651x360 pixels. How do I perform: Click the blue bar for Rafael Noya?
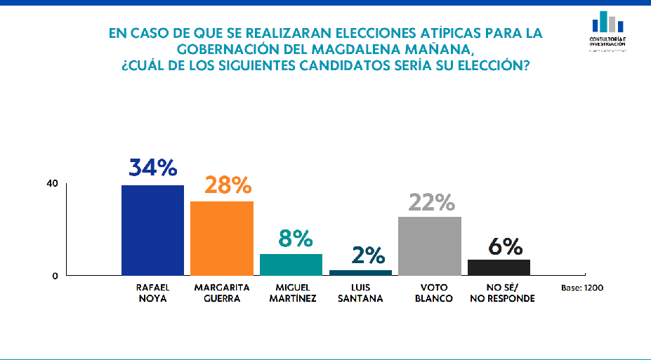(x=152, y=230)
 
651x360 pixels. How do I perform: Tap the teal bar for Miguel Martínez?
(x=291, y=265)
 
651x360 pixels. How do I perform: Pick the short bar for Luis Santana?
(x=360, y=272)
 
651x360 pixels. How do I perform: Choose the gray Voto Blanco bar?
(x=430, y=246)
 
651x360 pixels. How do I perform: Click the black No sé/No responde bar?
(x=499, y=267)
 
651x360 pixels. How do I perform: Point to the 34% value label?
(x=152, y=168)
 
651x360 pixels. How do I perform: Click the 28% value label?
(x=228, y=185)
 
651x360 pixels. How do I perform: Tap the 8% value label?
(x=295, y=239)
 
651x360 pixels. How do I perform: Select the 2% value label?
(x=369, y=255)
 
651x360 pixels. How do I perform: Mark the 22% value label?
(x=431, y=202)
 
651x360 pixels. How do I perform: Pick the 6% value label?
(x=504, y=246)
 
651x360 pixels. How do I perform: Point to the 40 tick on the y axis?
(x=52, y=185)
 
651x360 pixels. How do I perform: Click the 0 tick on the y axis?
(x=55, y=276)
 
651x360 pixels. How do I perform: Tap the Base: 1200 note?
(x=582, y=288)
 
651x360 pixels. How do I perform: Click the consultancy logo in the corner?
(x=608, y=30)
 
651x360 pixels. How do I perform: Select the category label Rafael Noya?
(x=152, y=293)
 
